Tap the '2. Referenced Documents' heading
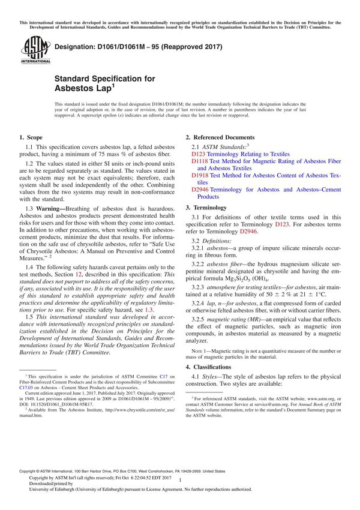pyautogui.click(x=220, y=137)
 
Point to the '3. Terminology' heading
pyautogui.click(x=208, y=208)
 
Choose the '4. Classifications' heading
pyautogui.click(x=213, y=367)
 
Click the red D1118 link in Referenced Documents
pyautogui.click(x=199, y=161)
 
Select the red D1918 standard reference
pyautogui.click(x=199, y=175)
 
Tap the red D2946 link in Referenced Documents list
pyautogui.click(x=199, y=190)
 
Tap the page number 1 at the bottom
pyautogui.click(x=180, y=491)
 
